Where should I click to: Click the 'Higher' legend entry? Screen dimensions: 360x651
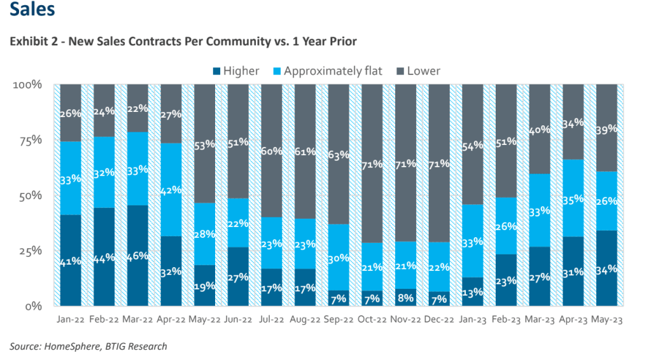241,71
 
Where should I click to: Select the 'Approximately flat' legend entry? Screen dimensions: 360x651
333,71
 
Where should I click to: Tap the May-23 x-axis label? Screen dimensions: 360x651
608,322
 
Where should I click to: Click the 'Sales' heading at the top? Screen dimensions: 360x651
31,10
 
